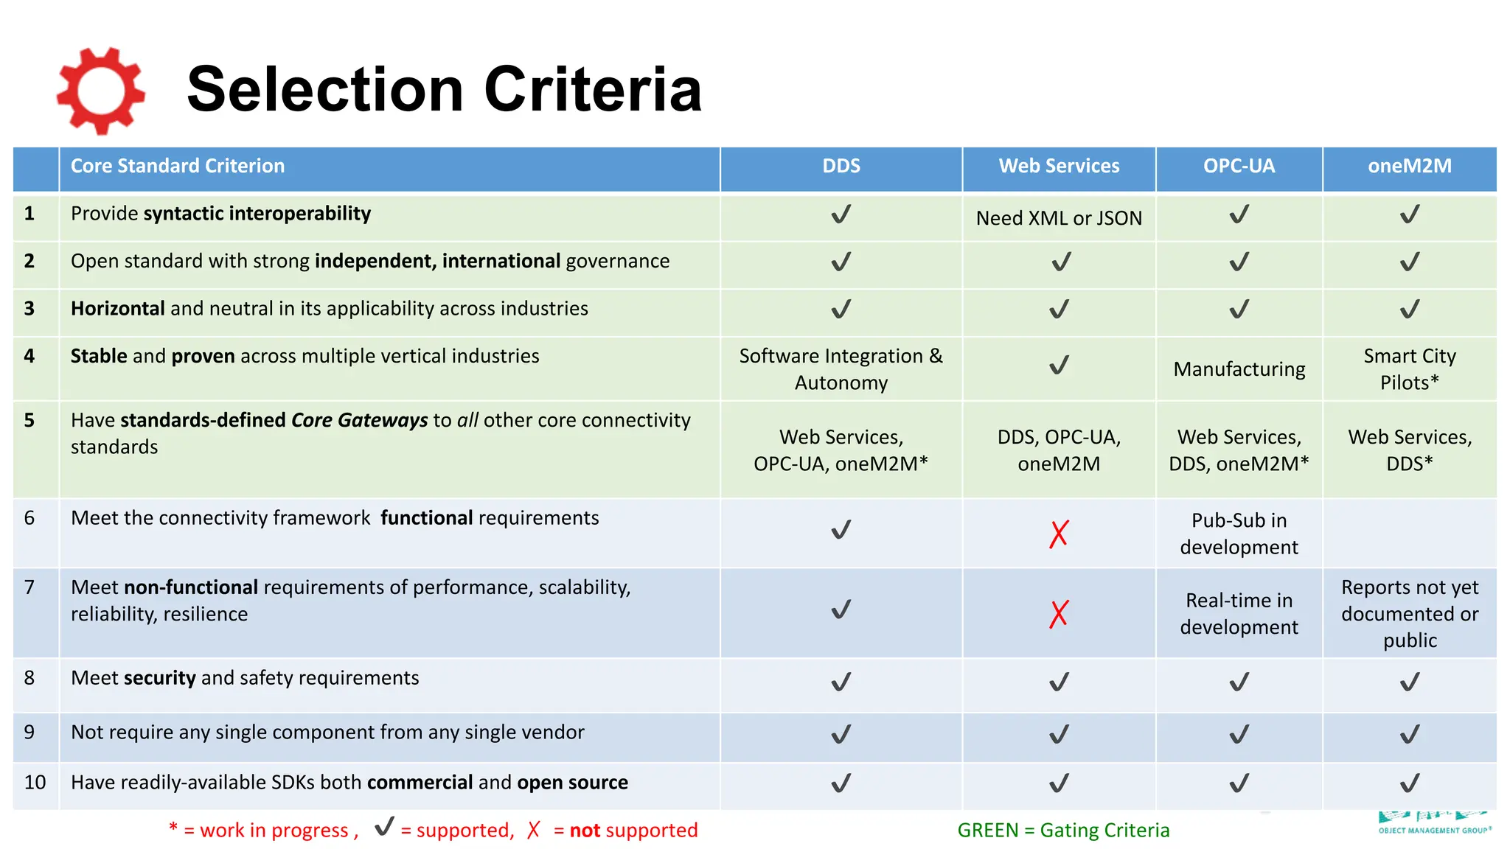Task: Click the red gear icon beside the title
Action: point(100,91)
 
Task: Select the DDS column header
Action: point(841,167)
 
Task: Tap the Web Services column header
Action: point(1058,167)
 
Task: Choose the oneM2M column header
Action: point(1409,167)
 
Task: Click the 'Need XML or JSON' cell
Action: point(1058,218)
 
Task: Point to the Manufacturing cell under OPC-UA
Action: point(1239,369)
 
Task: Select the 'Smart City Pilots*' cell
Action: point(1409,369)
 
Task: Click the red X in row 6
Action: point(1058,534)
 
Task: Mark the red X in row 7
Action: point(1058,614)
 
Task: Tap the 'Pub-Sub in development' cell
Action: point(1239,534)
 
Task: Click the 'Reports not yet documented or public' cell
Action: point(1409,614)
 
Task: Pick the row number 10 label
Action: point(35,783)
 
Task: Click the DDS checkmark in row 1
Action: point(841,214)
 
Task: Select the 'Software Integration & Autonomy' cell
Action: point(841,369)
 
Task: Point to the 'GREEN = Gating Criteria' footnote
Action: point(1062,831)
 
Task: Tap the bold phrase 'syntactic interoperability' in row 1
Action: point(257,214)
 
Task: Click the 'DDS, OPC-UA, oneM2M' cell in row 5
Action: point(1058,450)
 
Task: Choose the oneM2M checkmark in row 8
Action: point(1409,682)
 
